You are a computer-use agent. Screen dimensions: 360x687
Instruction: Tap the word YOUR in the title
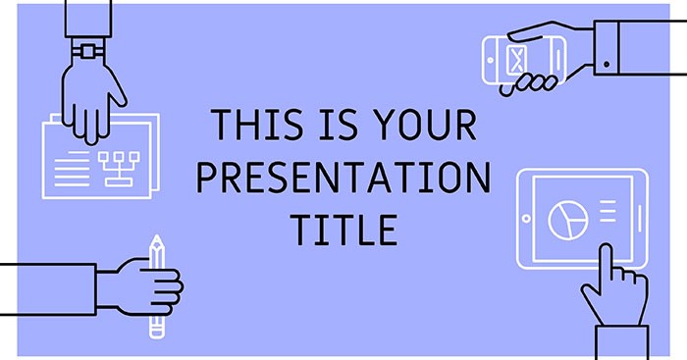[426, 127]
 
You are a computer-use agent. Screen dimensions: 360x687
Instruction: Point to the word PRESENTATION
[343, 179]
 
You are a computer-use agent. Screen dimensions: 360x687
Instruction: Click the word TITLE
[343, 230]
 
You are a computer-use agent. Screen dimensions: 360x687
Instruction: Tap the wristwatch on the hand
[89, 48]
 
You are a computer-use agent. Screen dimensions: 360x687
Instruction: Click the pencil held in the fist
[155, 284]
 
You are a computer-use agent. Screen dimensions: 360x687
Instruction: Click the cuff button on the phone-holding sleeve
[607, 65]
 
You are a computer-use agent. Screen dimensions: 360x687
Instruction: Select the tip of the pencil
[155, 239]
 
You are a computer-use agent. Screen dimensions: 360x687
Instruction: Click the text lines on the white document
[70, 163]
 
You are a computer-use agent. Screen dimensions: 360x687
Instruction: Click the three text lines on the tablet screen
[606, 211]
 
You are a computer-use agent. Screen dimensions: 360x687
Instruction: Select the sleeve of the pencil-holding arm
[49, 288]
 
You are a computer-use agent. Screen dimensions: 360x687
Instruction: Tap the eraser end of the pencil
[155, 332]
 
